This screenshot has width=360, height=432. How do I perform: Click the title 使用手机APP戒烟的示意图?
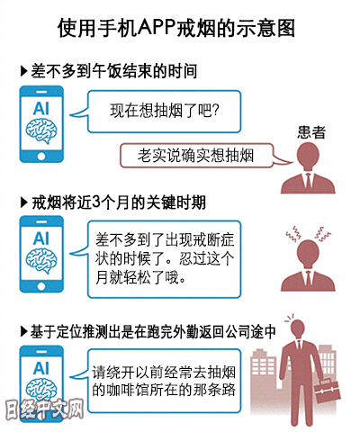click(176, 29)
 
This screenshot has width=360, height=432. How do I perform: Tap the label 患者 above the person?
click(311, 132)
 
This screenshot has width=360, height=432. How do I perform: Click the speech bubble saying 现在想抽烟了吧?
click(164, 112)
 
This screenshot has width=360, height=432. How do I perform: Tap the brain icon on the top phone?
click(41, 130)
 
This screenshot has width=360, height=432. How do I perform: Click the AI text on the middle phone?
click(41, 238)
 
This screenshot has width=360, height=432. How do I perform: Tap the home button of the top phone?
click(41, 156)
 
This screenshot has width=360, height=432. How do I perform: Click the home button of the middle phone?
click(41, 286)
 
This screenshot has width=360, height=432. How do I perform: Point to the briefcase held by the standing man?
click(327, 392)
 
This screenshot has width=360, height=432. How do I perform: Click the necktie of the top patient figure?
click(308, 180)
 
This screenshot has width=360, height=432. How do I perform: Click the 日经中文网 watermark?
click(44, 409)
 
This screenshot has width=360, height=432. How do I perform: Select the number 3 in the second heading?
click(96, 202)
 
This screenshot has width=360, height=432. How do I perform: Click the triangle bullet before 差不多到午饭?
click(24, 71)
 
